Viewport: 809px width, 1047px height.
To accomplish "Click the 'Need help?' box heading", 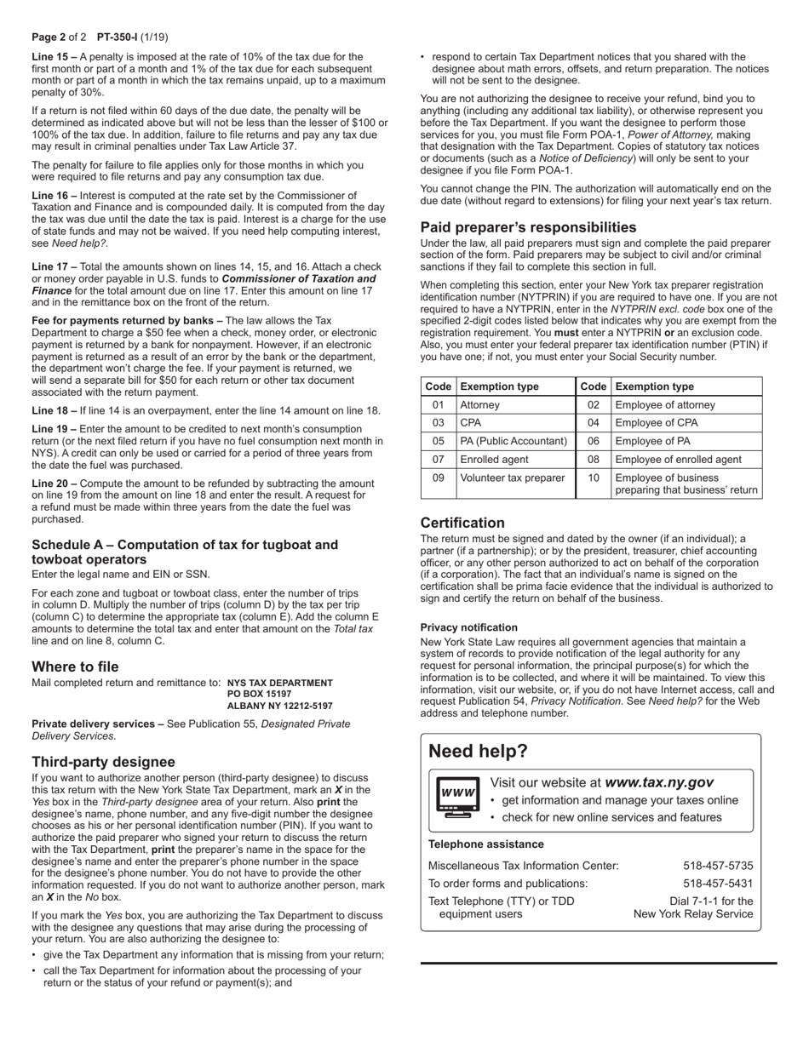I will tap(478, 751).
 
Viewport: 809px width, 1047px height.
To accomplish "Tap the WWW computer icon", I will tap(456, 798).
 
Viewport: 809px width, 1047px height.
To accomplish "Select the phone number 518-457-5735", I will tap(718, 866).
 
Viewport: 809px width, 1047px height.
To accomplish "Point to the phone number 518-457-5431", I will tap(718, 883).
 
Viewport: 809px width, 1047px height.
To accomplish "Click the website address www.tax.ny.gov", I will tap(659, 782).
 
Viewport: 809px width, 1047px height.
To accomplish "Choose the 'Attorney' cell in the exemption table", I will tap(479, 405).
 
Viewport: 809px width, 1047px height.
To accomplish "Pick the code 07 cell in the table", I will tap(438, 460).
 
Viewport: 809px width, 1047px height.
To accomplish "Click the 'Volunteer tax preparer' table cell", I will tap(512, 478).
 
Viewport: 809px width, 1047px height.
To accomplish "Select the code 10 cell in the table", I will tap(593, 478).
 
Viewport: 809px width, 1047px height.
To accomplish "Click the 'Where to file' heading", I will tap(75, 667).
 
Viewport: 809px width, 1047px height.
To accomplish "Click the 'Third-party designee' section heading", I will tap(103, 762).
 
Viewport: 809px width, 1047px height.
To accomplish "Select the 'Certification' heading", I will tap(462, 523).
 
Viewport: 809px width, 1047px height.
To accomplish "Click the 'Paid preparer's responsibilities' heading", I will tap(528, 227).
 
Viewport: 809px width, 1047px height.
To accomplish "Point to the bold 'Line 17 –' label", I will tap(55, 266).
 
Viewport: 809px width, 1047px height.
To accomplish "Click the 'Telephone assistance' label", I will tap(485, 844).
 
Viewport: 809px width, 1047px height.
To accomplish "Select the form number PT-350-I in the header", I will tap(120, 37).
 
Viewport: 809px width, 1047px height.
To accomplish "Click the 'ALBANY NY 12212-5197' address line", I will tap(279, 707).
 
